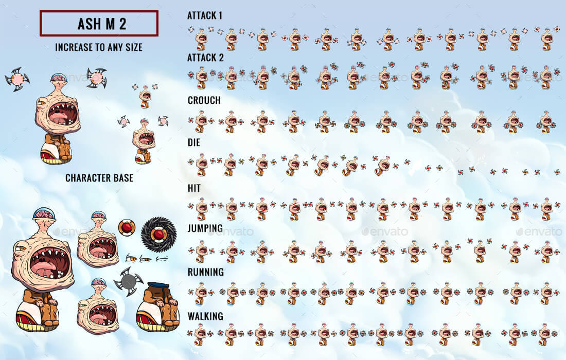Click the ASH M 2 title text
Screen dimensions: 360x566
pos(99,24)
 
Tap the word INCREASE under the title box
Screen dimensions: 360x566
pos(74,47)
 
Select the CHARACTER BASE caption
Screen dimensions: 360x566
pos(99,178)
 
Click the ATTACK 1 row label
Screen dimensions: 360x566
pos(205,15)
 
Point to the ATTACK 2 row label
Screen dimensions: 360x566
pos(205,58)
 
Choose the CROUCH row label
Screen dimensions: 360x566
pos(204,100)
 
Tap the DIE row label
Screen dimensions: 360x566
pos(194,142)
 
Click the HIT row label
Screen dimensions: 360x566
pos(194,188)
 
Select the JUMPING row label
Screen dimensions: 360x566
pos(205,228)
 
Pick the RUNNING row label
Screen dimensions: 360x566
pos(205,272)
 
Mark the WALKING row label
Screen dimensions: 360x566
pos(205,315)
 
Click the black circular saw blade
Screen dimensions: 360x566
pos(158,235)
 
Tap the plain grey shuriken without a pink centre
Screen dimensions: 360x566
pos(128,281)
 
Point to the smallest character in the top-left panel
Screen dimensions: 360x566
pos(146,96)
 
